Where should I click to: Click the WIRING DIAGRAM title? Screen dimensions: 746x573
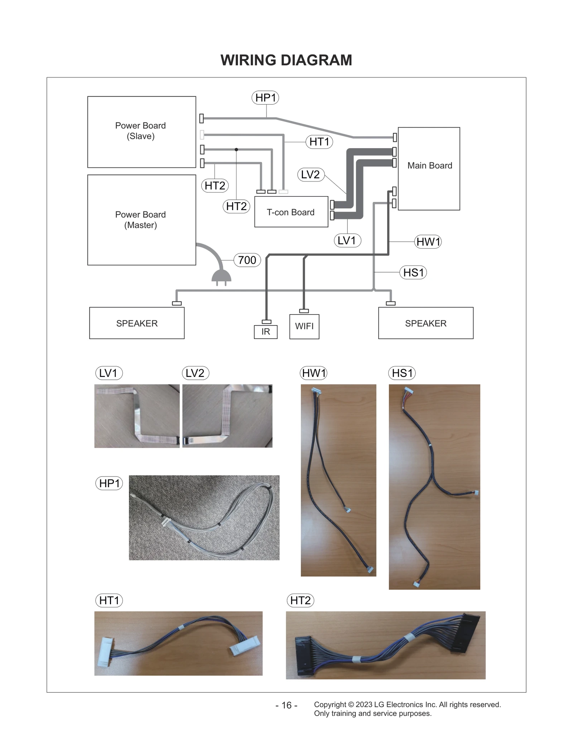(x=286, y=60)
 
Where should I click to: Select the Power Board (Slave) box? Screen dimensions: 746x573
(x=141, y=131)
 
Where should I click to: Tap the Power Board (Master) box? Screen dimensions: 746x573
(x=141, y=220)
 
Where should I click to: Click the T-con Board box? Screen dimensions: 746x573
(x=291, y=212)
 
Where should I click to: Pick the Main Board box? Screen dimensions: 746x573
(x=429, y=168)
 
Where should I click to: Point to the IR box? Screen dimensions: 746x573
(x=265, y=332)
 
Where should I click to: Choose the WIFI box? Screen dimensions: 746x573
(x=304, y=326)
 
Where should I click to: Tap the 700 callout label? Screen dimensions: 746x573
(x=247, y=260)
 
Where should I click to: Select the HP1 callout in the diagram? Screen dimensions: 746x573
(x=265, y=97)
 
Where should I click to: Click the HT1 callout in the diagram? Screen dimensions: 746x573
(x=319, y=142)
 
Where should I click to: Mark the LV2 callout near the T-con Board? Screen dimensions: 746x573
(x=310, y=175)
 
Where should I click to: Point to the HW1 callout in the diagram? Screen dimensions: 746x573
(x=428, y=242)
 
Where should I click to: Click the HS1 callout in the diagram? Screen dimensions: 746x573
(x=413, y=272)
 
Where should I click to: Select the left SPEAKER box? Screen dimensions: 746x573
(x=137, y=323)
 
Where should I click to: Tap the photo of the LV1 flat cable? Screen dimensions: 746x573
(x=137, y=416)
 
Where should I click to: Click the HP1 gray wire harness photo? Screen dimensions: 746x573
(x=204, y=517)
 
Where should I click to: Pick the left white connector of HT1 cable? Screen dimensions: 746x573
(x=103, y=652)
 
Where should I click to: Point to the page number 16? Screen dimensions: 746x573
(x=286, y=705)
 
